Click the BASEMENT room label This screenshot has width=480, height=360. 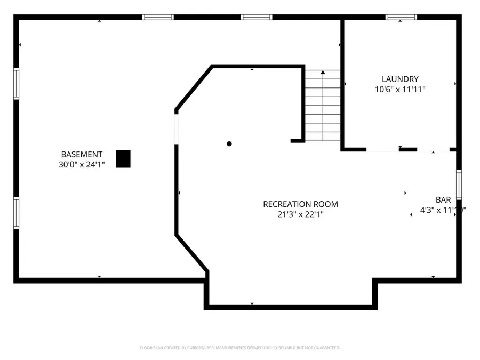pyautogui.click(x=82, y=154)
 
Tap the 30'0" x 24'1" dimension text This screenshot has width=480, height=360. pyautogui.click(x=82, y=165)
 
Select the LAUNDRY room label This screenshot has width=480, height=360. pyautogui.click(x=400, y=79)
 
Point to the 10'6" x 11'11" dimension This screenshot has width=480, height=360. pyautogui.click(x=400, y=89)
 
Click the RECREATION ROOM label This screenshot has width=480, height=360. pyautogui.click(x=300, y=204)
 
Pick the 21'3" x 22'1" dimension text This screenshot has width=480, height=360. pyautogui.click(x=300, y=214)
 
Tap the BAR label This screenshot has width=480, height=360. pyautogui.click(x=443, y=199)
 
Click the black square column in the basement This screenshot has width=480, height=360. pyautogui.click(x=123, y=159)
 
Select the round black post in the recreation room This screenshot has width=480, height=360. pyautogui.click(x=229, y=143)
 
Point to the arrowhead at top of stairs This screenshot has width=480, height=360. pyautogui.click(x=323, y=72)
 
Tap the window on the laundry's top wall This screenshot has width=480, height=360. pyautogui.click(x=402, y=18)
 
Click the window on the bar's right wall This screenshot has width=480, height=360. pyautogui.click(x=459, y=185)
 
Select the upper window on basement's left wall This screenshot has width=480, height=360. pyautogui.click(x=17, y=84)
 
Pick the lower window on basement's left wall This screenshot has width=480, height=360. pyautogui.click(x=17, y=213)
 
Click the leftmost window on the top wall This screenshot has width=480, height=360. pyautogui.click(x=158, y=18)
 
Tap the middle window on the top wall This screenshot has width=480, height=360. pyautogui.click(x=257, y=18)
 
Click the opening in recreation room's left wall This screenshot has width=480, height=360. pyautogui.click(x=177, y=129)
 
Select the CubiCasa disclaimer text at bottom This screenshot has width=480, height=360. pyautogui.click(x=239, y=348)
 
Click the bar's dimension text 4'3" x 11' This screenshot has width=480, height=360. pyautogui.click(x=440, y=210)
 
